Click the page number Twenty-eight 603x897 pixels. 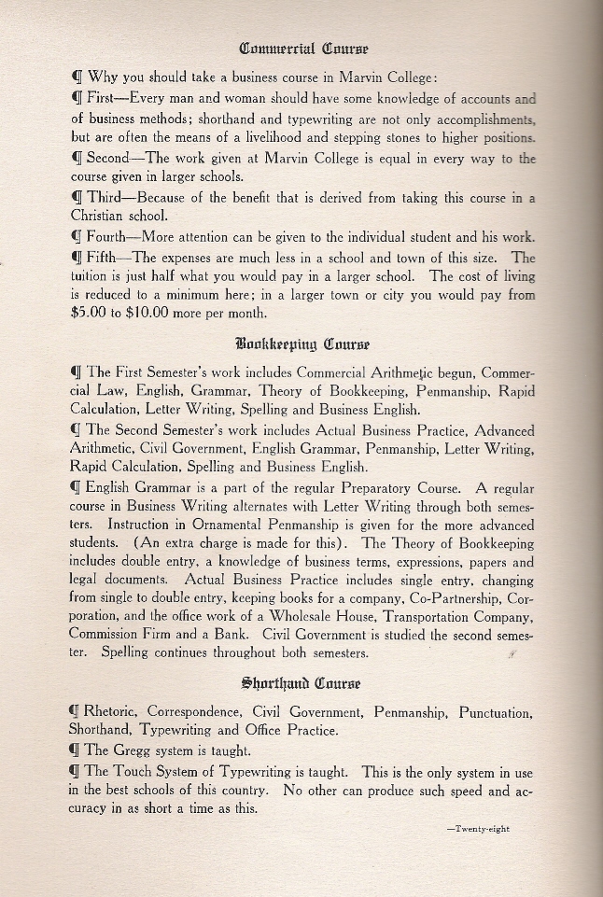pyautogui.click(x=478, y=827)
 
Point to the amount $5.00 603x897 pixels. pyautogui.click(x=89, y=314)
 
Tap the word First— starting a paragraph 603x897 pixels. pyautogui.click(x=106, y=98)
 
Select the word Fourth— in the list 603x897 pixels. pyautogui.click(x=114, y=236)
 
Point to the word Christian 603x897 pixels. pyautogui.click(x=100, y=217)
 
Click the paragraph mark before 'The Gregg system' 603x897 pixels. pyautogui.click(x=77, y=750)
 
